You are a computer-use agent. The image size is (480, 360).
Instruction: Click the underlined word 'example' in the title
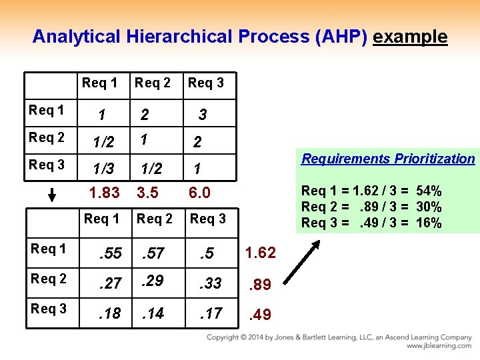pyautogui.click(x=410, y=37)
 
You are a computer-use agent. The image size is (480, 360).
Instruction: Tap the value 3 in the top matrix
pyautogui.click(x=202, y=115)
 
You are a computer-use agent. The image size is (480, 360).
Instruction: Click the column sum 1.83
pyautogui.click(x=105, y=193)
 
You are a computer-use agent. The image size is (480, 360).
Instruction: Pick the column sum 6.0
pyautogui.click(x=199, y=193)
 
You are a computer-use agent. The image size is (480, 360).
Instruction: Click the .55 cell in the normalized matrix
pyautogui.click(x=110, y=253)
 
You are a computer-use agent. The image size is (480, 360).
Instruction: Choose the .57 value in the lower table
pyautogui.click(x=153, y=253)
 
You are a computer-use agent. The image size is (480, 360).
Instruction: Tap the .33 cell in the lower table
pyautogui.click(x=211, y=283)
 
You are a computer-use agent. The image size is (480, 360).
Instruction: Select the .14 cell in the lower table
pyautogui.click(x=153, y=313)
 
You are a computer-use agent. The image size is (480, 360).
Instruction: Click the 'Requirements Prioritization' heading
pyautogui.click(x=388, y=159)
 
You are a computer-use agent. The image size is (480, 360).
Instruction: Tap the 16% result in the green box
pyautogui.click(x=428, y=223)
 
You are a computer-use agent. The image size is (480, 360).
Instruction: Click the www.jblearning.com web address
pyautogui.click(x=439, y=346)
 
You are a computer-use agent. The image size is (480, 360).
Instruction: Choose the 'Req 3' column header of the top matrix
pyautogui.click(x=206, y=83)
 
